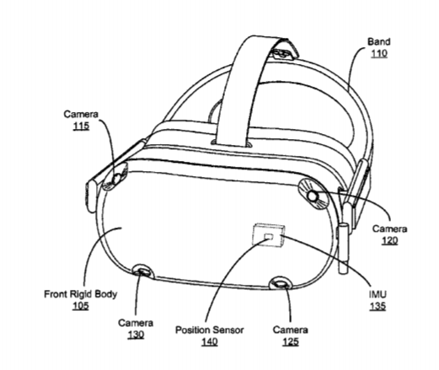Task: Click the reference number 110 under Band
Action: [379, 53]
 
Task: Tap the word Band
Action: [379, 41]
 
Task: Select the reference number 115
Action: [81, 126]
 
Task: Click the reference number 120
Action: [389, 240]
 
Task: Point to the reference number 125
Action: [290, 341]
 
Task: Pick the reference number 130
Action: [136, 335]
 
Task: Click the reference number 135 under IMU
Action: [377, 306]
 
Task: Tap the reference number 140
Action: [209, 341]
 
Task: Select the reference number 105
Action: [81, 306]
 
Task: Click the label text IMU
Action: [377, 294]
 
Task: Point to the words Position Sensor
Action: [209, 330]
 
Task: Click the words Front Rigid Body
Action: [80, 294]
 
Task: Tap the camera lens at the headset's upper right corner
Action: [313, 195]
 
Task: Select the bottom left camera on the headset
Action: [142, 271]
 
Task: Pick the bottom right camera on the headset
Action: [281, 283]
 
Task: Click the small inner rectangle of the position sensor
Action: [269, 237]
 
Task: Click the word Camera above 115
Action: [81, 114]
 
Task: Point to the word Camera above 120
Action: [389, 228]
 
